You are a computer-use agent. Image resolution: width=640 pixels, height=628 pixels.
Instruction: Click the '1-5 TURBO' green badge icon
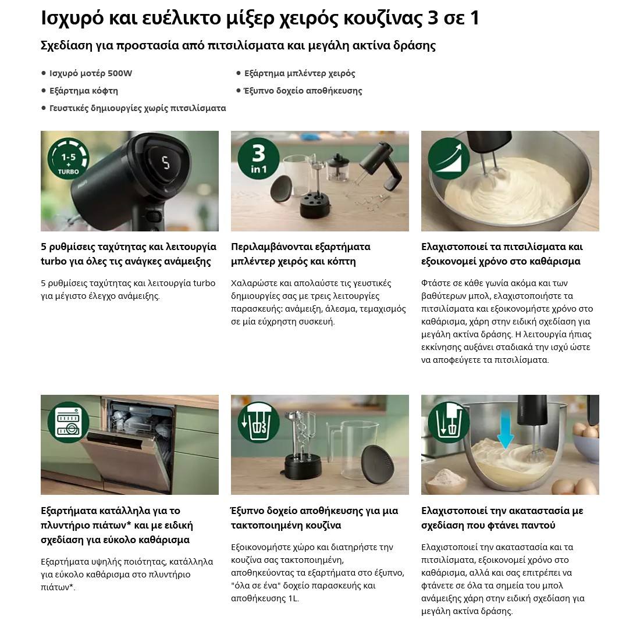pyautogui.click(x=68, y=159)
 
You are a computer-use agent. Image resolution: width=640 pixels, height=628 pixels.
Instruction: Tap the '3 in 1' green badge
pyautogui.click(x=258, y=159)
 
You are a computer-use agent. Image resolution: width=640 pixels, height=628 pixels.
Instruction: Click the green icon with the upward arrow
pyautogui.click(x=449, y=159)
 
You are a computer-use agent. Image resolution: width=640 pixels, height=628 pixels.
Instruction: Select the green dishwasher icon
pyautogui.click(x=68, y=422)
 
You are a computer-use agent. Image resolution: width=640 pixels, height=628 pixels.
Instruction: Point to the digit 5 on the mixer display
pyautogui.click(x=166, y=162)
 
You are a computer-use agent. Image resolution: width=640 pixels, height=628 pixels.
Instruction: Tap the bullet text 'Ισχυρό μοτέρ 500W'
pyautogui.click(x=91, y=73)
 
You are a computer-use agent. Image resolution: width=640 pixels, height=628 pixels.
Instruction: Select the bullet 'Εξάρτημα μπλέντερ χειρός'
pyautogui.click(x=300, y=73)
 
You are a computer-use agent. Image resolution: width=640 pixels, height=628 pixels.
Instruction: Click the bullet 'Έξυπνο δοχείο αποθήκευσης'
pyautogui.click(x=303, y=91)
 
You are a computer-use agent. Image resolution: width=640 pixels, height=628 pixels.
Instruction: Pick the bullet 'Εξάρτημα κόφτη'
pyautogui.click(x=84, y=91)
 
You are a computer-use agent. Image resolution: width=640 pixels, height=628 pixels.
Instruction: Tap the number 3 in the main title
pyautogui.click(x=432, y=19)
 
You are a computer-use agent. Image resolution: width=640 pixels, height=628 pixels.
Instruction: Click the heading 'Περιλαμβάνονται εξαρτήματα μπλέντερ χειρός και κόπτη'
pyautogui.click(x=301, y=254)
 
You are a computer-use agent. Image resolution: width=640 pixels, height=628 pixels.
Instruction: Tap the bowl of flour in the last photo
pyautogui.click(x=446, y=480)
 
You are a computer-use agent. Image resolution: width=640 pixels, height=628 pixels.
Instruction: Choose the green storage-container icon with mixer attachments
pyautogui.click(x=258, y=422)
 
